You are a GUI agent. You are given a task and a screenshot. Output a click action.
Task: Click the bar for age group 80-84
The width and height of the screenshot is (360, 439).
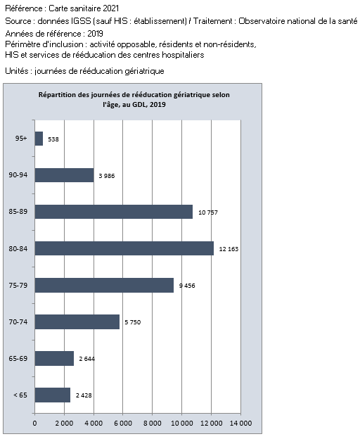pyautogui.click(x=124, y=248)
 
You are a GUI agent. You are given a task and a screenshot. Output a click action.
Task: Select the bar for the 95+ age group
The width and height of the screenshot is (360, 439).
pyautogui.click(x=39, y=139)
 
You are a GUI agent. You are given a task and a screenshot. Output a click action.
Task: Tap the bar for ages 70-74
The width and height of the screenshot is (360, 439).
pyautogui.click(x=77, y=322)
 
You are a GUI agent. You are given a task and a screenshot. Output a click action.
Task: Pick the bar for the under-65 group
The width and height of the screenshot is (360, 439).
pyautogui.click(x=53, y=395)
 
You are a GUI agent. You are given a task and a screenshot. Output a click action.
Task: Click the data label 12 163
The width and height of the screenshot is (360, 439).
pyautogui.click(x=229, y=249)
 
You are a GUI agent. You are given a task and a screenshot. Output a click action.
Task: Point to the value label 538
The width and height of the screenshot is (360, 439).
pyautogui.click(x=53, y=139)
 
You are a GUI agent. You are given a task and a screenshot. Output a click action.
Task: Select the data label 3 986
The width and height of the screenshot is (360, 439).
pyautogui.click(x=107, y=176)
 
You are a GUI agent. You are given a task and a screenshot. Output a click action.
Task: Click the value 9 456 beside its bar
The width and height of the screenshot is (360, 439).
pyautogui.click(x=187, y=286)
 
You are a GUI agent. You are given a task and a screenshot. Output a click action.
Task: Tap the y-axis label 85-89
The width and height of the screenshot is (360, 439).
pyautogui.click(x=18, y=211)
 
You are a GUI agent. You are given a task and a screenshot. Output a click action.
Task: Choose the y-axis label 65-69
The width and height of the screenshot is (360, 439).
pyautogui.click(x=18, y=358)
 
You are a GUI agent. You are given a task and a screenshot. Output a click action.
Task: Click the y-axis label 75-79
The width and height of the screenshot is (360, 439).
pyautogui.click(x=18, y=285)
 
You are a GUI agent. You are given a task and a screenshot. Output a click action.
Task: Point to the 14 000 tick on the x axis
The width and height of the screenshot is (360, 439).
pyautogui.click(x=240, y=423)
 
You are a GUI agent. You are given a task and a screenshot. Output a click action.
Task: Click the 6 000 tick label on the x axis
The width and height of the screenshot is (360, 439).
pyautogui.click(x=123, y=423)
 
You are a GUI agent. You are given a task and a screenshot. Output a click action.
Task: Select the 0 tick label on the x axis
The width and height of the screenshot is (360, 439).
pyautogui.click(x=34, y=423)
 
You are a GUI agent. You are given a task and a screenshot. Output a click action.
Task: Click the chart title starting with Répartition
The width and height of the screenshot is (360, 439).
pyautogui.click(x=134, y=99)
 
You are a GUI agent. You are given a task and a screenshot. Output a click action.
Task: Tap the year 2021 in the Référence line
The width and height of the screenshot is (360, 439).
pyautogui.click(x=111, y=8)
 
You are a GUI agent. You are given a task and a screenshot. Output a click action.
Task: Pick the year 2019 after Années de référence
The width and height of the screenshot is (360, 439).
pyautogui.click(x=95, y=34)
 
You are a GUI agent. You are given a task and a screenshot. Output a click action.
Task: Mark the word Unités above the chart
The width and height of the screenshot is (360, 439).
pyautogui.click(x=16, y=71)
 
